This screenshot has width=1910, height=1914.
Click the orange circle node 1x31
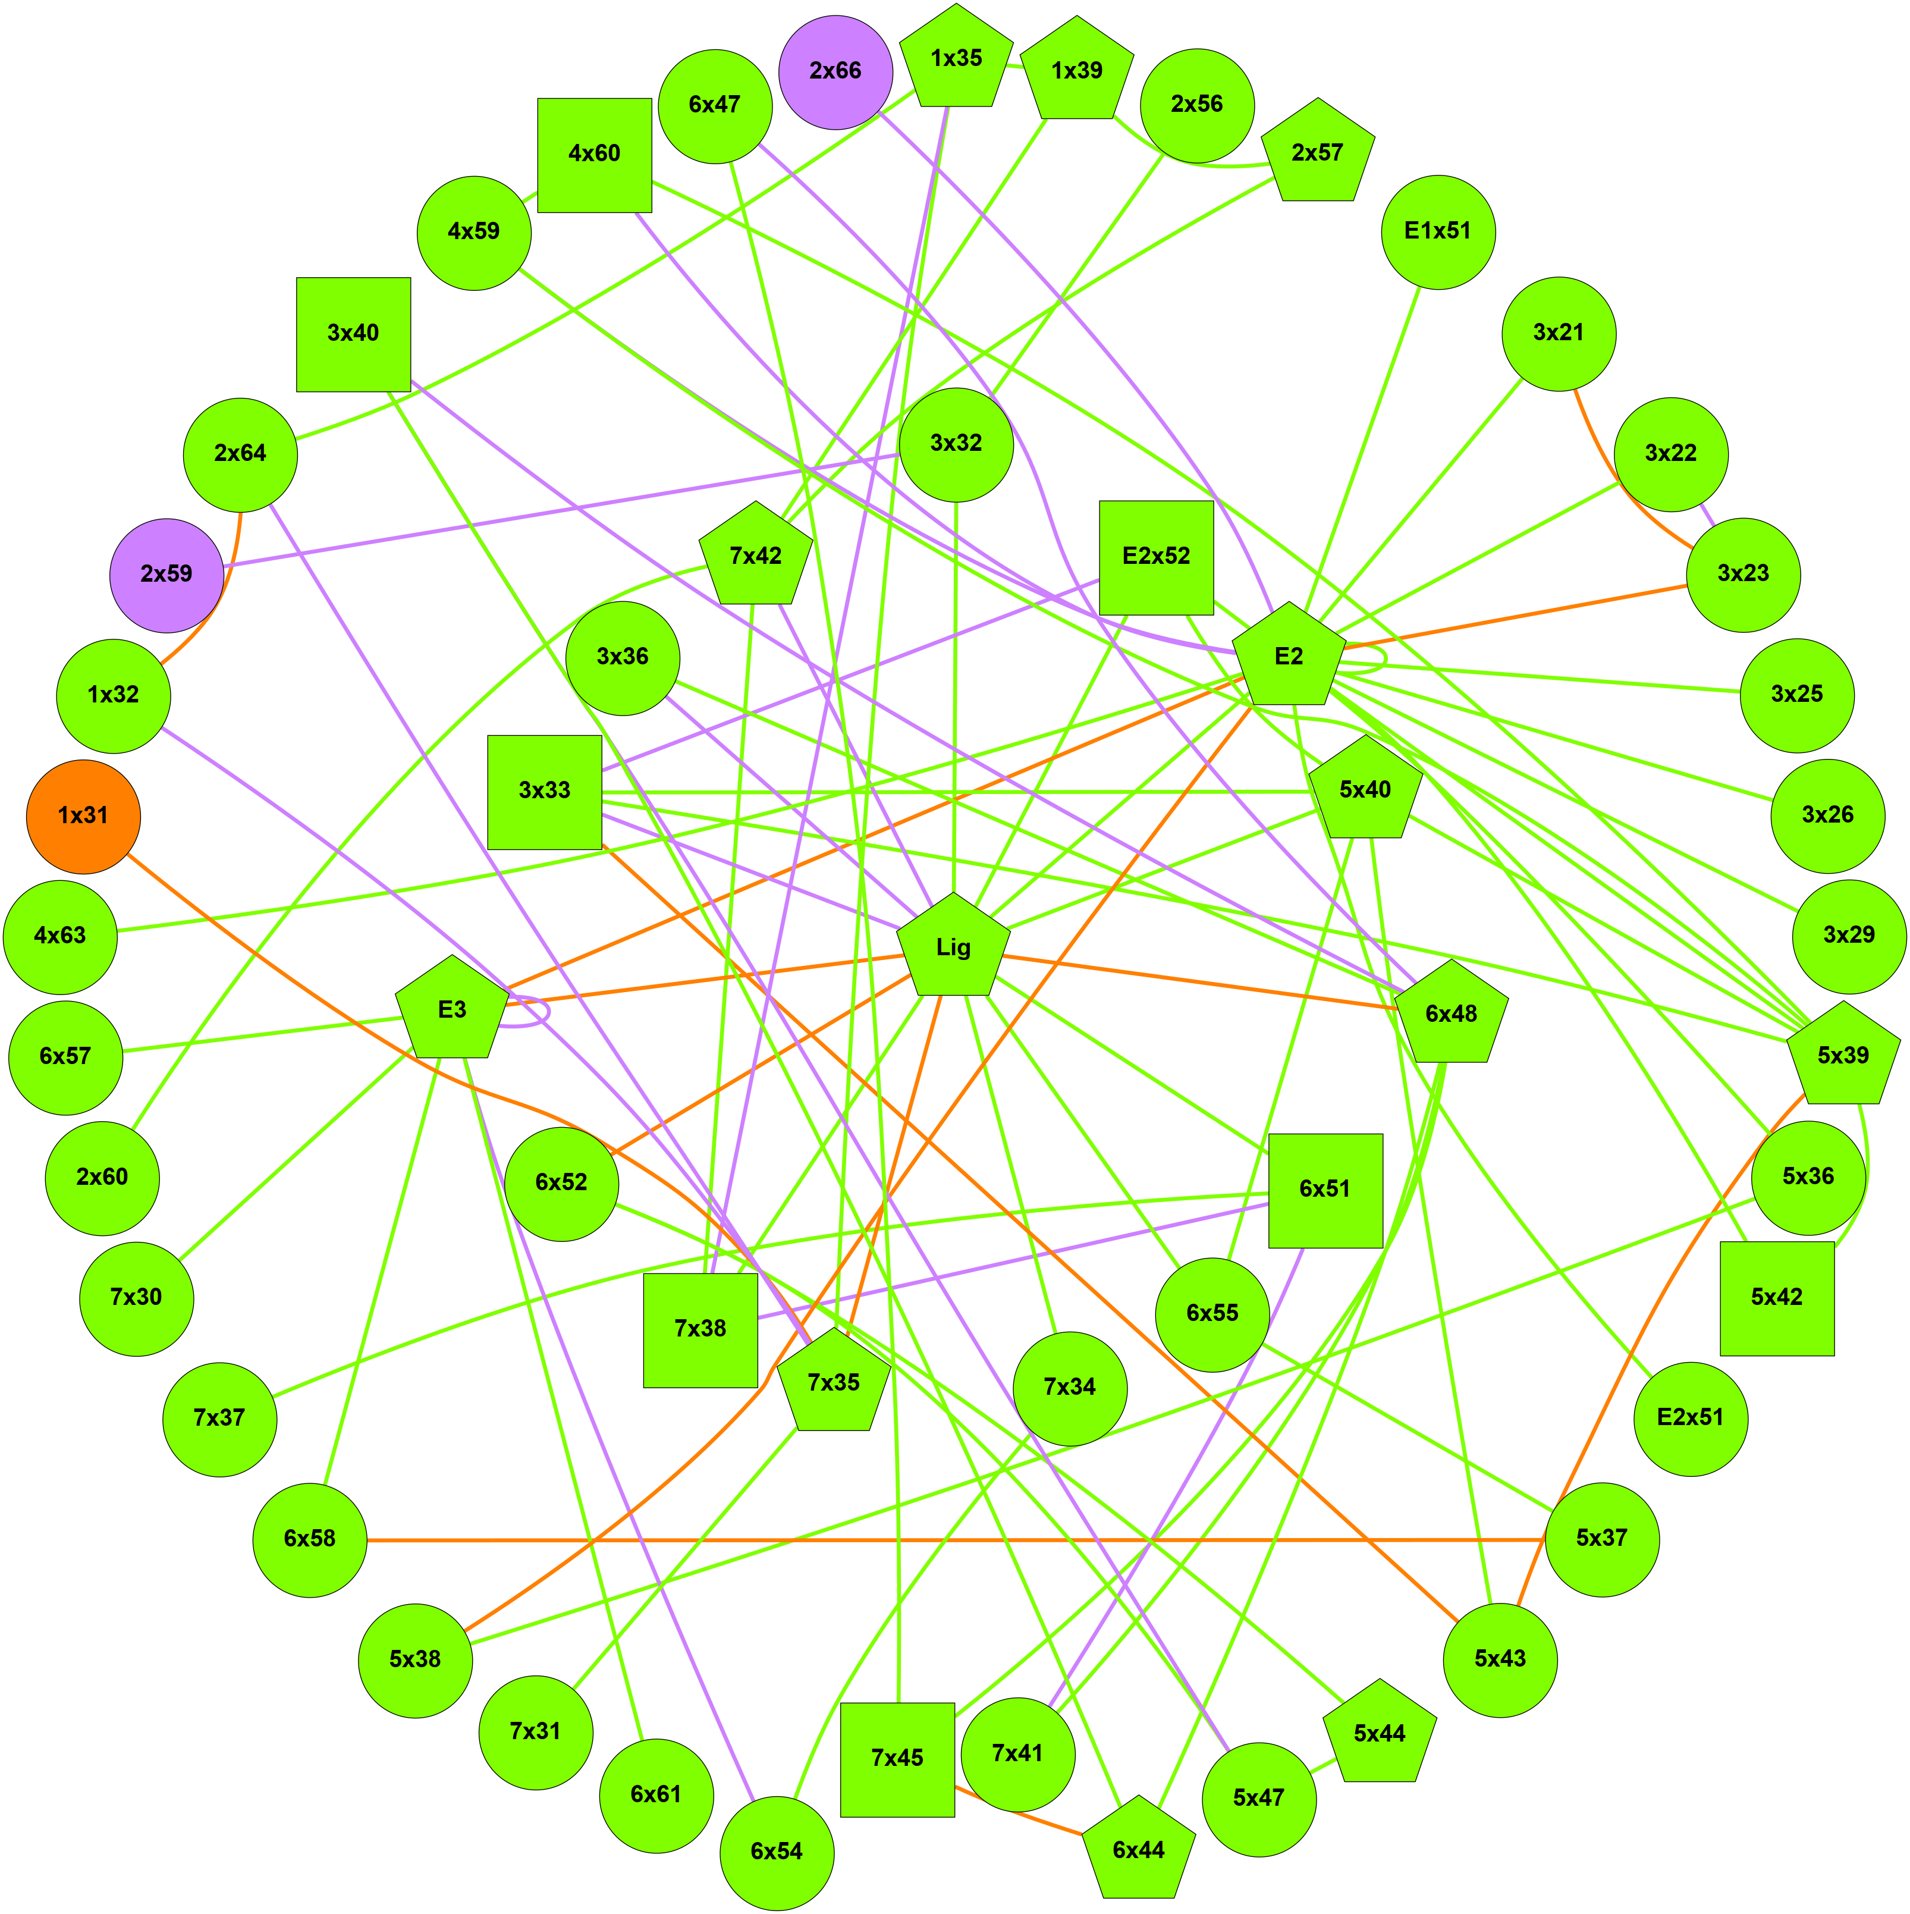[83, 816]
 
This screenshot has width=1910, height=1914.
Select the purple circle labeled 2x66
[835, 71]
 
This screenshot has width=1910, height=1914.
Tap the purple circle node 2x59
[167, 575]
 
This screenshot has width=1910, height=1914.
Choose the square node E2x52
[1156, 557]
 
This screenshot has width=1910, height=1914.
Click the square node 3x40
[354, 334]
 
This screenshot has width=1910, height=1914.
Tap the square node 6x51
[1325, 1190]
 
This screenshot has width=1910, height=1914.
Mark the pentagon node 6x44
[1138, 1850]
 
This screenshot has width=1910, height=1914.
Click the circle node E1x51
[1437, 232]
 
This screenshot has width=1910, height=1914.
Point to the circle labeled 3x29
[1849, 936]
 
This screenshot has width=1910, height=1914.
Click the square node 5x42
[1777, 1298]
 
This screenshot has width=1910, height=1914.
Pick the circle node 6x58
[310, 1539]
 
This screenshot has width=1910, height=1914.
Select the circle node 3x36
[622, 658]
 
